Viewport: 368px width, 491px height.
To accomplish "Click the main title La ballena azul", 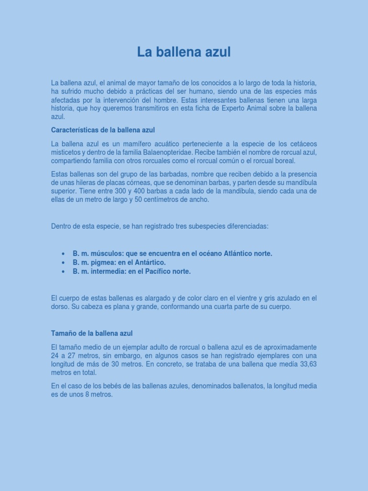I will point(184,52).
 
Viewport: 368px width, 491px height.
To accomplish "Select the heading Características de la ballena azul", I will point(103,130).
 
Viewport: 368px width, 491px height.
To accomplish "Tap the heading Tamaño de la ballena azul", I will point(92,333).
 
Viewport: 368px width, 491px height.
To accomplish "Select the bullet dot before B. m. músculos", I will point(63,254).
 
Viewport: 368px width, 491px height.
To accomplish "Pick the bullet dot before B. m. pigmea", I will point(63,263).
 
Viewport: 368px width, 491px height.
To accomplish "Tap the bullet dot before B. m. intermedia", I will point(63,271).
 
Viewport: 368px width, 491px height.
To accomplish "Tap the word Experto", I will point(234,108).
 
